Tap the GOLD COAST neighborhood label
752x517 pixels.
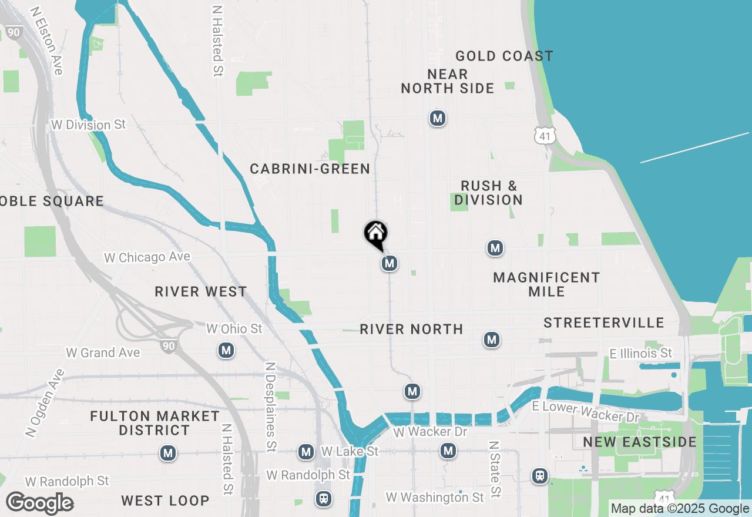pos(504,56)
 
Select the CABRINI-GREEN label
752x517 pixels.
pos(310,169)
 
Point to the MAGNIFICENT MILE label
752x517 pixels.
pos(546,284)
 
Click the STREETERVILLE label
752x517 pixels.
pos(604,323)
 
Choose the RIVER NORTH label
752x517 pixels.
pos(411,329)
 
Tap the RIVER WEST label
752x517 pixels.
pos(201,292)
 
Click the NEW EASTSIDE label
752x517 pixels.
pos(640,442)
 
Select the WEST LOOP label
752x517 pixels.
pos(165,501)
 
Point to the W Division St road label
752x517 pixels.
pos(89,125)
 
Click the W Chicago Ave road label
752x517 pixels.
pos(147,257)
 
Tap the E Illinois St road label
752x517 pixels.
pos(640,353)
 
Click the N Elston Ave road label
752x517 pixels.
pos(46,41)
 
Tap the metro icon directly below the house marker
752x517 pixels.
pos(389,264)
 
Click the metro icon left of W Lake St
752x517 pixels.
pos(305,452)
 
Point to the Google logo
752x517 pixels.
pos(40,503)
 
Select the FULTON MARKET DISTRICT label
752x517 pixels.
pos(155,423)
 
